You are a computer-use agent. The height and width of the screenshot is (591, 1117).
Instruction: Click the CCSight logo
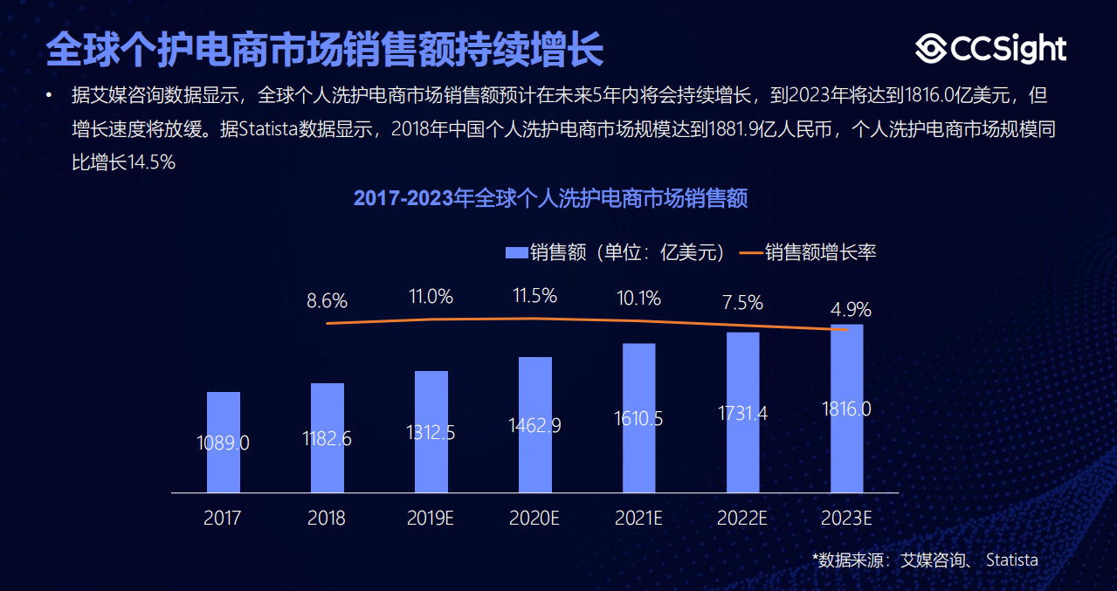990,49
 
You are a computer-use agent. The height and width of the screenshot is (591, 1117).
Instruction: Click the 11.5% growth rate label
534,296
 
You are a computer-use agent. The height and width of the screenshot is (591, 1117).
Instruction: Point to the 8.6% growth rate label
327,302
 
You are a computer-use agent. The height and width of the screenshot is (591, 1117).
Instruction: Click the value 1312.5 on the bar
431,432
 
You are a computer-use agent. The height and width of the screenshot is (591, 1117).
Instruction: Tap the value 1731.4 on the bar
742,413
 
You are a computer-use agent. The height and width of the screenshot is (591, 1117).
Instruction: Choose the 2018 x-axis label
327,518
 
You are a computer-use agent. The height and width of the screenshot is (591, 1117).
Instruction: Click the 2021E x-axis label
638,518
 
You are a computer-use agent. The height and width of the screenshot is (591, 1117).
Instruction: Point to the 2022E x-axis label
742,518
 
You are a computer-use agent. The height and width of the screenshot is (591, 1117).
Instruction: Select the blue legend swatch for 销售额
516,253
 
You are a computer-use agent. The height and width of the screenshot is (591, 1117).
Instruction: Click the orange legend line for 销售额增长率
750,253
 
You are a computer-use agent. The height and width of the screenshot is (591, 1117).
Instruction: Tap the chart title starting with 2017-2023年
550,198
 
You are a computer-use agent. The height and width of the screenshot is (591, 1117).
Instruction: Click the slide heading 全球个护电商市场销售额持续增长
324,50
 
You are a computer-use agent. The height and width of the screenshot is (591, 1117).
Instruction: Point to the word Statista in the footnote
1011,560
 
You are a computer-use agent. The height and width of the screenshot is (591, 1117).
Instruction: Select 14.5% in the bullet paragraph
152,162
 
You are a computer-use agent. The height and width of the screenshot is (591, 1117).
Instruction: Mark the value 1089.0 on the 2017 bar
223,443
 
